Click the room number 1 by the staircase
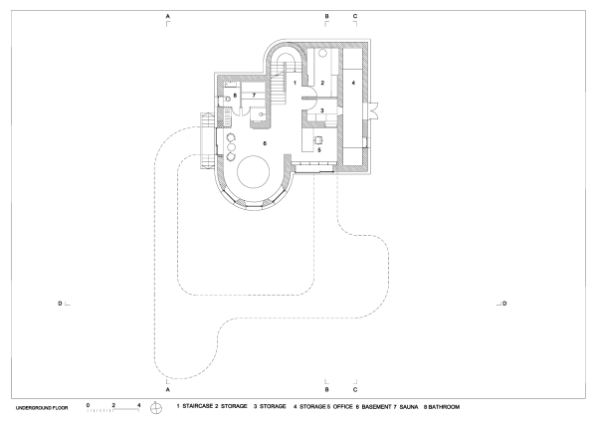click(295, 83)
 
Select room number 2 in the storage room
click(322, 83)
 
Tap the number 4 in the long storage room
click(353, 83)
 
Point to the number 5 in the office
click(319, 150)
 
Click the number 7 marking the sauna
click(254, 96)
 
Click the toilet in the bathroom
click(227, 100)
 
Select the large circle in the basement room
click(253, 171)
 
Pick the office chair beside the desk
click(317, 140)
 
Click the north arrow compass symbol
click(156, 408)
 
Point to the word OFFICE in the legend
click(342, 407)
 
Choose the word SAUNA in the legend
click(409, 407)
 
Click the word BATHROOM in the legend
click(444, 407)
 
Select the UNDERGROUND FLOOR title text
click(42, 408)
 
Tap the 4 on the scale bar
click(139, 405)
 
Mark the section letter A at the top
click(167, 16)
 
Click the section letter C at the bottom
click(355, 389)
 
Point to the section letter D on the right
click(504, 304)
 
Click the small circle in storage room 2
click(322, 54)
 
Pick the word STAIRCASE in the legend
click(197, 406)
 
